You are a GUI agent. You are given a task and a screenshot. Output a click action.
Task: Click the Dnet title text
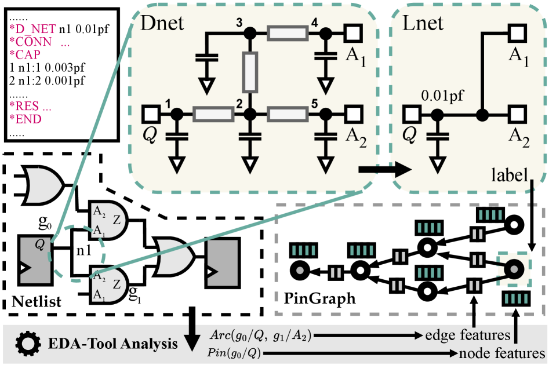click(163, 24)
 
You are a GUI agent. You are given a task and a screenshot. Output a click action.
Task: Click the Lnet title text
click(423, 23)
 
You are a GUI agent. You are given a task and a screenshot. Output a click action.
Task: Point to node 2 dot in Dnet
click(250, 114)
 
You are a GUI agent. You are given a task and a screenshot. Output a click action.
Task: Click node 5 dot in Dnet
click(326, 114)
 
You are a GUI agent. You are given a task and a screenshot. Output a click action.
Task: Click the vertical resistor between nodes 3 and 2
click(250, 72)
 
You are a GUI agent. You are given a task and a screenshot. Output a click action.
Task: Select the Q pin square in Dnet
click(152, 114)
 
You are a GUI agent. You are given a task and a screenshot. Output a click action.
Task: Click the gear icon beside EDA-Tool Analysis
click(27, 343)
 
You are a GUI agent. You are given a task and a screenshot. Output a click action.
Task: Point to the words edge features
click(467, 335)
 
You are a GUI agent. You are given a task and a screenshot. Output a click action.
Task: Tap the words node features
click(502, 353)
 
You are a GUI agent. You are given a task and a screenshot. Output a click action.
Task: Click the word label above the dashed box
click(508, 174)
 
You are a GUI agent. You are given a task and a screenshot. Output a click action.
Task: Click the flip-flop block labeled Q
click(35, 261)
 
